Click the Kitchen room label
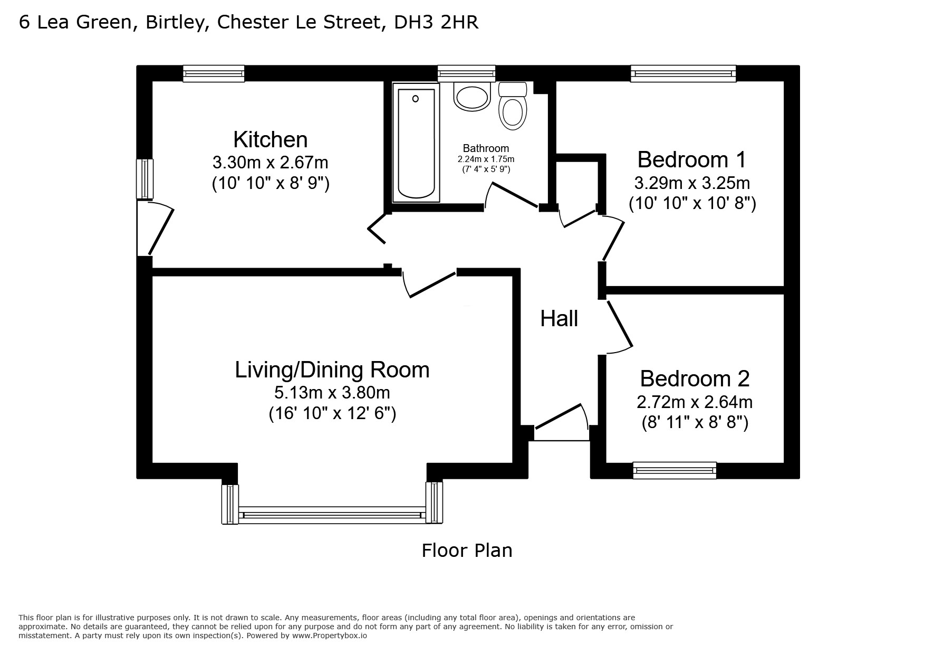pyautogui.click(x=271, y=140)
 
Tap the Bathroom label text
pyautogui.click(x=486, y=148)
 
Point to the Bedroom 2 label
pyautogui.click(x=695, y=378)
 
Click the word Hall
pyautogui.click(x=559, y=319)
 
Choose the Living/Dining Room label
pyautogui.click(x=332, y=370)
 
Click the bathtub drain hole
pyautogui.click(x=416, y=99)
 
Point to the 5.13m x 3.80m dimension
pyautogui.click(x=332, y=393)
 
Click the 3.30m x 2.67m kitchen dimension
pyautogui.click(x=271, y=162)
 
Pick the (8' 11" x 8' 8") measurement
pyautogui.click(x=695, y=423)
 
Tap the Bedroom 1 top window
pyautogui.click(x=683, y=73)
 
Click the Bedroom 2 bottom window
pyautogui.click(x=675, y=470)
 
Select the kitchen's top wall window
pyautogui.click(x=214, y=73)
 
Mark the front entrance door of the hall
pyautogui.click(x=561, y=423)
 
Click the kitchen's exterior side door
pyautogui.click(x=155, y=228)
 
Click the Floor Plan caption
pyautogui.click(x=467, y=551)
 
